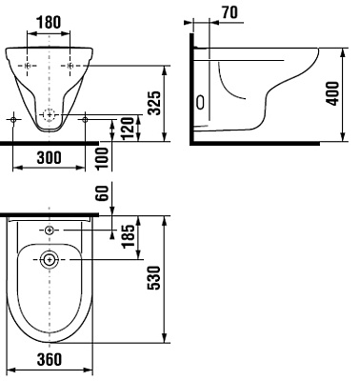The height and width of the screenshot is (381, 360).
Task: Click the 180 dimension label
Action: tap(49, 23)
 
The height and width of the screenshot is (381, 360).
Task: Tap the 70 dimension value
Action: tap(230, 12)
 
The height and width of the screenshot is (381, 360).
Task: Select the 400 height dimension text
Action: tap(332, 93)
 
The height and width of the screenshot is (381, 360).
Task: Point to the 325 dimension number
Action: tap(155, 103)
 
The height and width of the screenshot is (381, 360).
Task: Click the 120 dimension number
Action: tap(128, 129)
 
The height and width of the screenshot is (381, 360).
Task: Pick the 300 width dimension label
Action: tap(49, 157)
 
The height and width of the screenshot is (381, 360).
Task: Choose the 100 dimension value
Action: tap(102, 159)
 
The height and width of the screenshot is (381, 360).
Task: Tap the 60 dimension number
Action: tap(102, 192)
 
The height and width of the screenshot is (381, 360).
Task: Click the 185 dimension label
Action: tap(129, 236)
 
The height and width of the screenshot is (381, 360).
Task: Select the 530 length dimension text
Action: tap(155, 278)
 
